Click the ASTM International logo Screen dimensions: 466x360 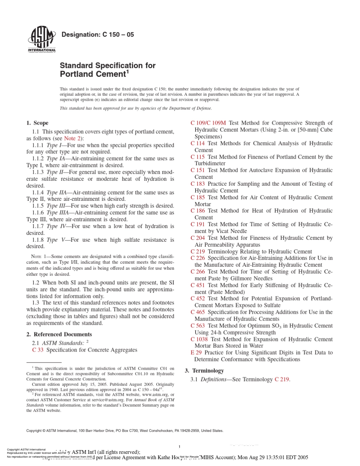(42, 40)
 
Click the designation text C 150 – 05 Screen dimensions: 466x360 (97, 35)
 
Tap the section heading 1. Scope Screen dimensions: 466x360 (37, 123)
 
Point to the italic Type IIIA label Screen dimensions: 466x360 (58, 213)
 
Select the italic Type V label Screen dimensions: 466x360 (52, 240)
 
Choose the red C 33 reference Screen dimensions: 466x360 (38, 350)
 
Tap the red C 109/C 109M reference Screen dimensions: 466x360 (208, 123)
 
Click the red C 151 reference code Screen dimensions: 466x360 (197, 170)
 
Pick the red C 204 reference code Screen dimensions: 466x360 (197, 238)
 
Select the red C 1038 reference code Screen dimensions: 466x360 (199, 339)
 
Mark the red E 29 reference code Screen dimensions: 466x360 (196, 352)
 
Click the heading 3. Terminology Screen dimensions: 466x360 (204, 371)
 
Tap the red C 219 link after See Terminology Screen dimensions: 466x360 (282, 379)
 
